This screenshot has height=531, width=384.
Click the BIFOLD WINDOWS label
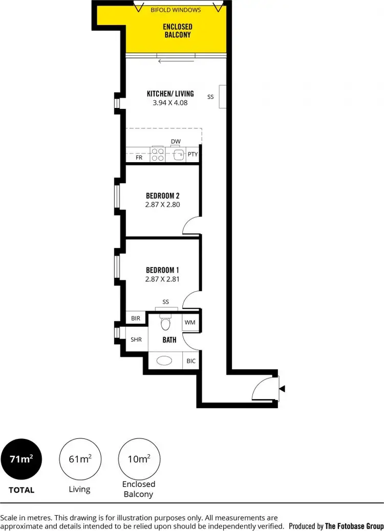(176, 10)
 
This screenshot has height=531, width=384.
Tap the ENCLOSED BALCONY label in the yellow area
(177, 31)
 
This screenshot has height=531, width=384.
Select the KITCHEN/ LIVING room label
(170, 94)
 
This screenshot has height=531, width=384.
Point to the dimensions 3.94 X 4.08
(170, 102)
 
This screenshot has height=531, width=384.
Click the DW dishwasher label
(176, 142)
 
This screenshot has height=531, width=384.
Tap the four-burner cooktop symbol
(158, 154)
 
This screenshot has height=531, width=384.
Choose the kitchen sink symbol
(179, 154)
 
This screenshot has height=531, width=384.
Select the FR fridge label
(139, 158)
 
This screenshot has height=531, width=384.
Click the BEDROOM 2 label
(162, 195)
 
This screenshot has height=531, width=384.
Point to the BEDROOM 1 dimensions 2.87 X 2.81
(162, 279)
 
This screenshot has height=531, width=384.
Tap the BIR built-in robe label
(136, 318)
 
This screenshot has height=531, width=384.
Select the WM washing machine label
(190, 322)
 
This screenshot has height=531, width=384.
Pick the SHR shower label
(136, 339)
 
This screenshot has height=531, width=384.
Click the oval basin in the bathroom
(165, 360)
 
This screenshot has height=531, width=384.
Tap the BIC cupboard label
(191, 361)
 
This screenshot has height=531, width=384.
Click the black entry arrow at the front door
(282, 389)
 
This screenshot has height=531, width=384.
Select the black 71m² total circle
(21, 459)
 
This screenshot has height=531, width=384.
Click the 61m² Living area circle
(80, 459)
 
